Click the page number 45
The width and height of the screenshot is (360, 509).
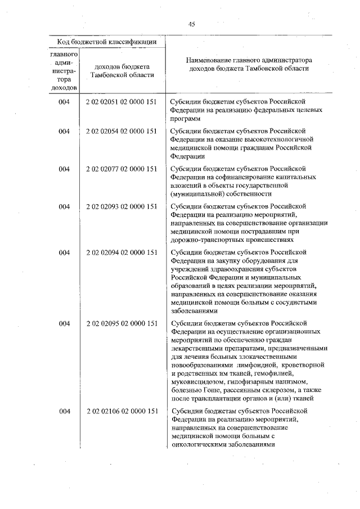coord(191,24)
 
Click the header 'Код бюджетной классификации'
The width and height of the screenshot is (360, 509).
coord(107,43)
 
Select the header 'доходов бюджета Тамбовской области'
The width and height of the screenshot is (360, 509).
coord(122,71)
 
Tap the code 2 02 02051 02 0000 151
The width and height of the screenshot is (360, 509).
coord(121,102)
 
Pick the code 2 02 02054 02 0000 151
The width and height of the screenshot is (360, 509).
coord(121,131)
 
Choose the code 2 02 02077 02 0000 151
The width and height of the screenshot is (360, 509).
coord(121,168)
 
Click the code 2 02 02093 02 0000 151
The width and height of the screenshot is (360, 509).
coord(121,206)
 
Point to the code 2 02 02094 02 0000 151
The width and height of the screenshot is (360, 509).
coord(121,253)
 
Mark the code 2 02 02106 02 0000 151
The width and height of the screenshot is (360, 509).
coord(121,411)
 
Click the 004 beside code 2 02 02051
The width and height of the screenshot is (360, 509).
coord(64,102)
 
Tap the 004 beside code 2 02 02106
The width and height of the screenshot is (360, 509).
coord(64,411)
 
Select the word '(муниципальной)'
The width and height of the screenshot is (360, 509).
coord(195,193)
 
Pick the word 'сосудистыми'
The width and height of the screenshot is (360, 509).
coord(296,302)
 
